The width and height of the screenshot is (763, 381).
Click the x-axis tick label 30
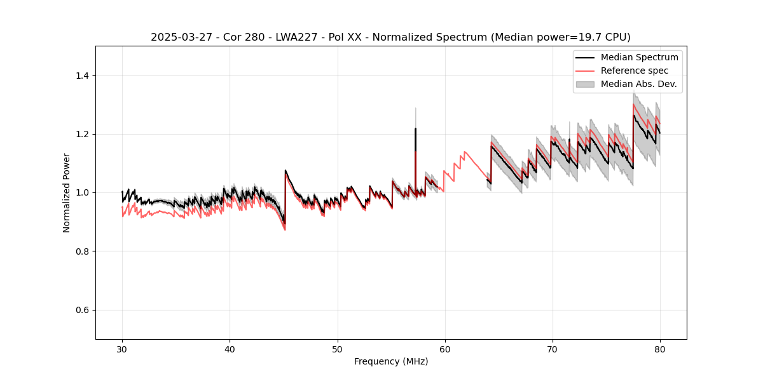click(122, 349)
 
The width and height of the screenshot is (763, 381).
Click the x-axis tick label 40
click(230, 349)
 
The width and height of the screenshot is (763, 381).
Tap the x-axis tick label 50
click(337, 349)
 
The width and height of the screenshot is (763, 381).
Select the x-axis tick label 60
click(444, 349)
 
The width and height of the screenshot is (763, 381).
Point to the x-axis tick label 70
click(552, 349)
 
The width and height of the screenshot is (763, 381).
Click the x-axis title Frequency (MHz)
click(391, 361)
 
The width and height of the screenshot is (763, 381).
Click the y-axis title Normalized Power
click(67, 192)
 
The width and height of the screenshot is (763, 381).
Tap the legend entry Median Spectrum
click(639, 57)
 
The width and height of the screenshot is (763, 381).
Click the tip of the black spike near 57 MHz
click(415, 129)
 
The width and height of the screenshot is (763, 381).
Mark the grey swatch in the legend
click(585, 84)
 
